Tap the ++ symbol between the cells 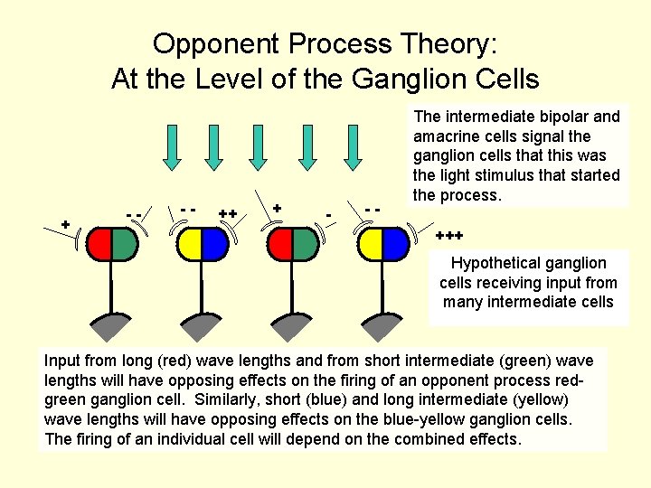tap(228, 213)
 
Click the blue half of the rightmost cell tap(395, 242)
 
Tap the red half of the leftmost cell tap(98, 242)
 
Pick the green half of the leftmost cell tap(124, 242)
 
